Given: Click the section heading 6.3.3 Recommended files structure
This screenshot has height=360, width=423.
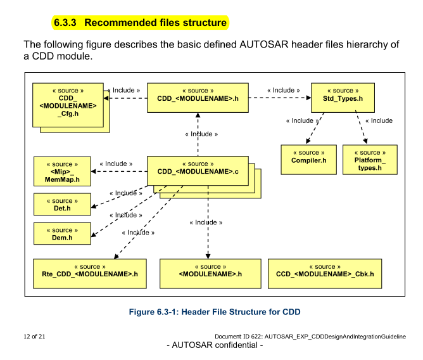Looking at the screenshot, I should point(140,23).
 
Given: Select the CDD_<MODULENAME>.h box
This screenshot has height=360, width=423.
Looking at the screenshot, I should point(198,97).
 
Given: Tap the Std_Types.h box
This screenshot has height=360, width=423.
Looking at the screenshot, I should point(343,96).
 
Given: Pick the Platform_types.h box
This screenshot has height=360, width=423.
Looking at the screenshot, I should point(370,159).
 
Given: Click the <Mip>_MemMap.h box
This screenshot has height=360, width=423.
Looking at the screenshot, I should point(62,171).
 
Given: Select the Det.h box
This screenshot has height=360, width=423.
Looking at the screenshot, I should point(62,205).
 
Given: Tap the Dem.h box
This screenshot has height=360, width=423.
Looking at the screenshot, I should point(62,234).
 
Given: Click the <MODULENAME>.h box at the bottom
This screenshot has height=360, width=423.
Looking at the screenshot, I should point(210,271).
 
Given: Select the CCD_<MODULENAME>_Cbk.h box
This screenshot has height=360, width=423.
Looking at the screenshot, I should point(325,271).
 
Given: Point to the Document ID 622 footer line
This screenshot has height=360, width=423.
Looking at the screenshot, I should point(310,335).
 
